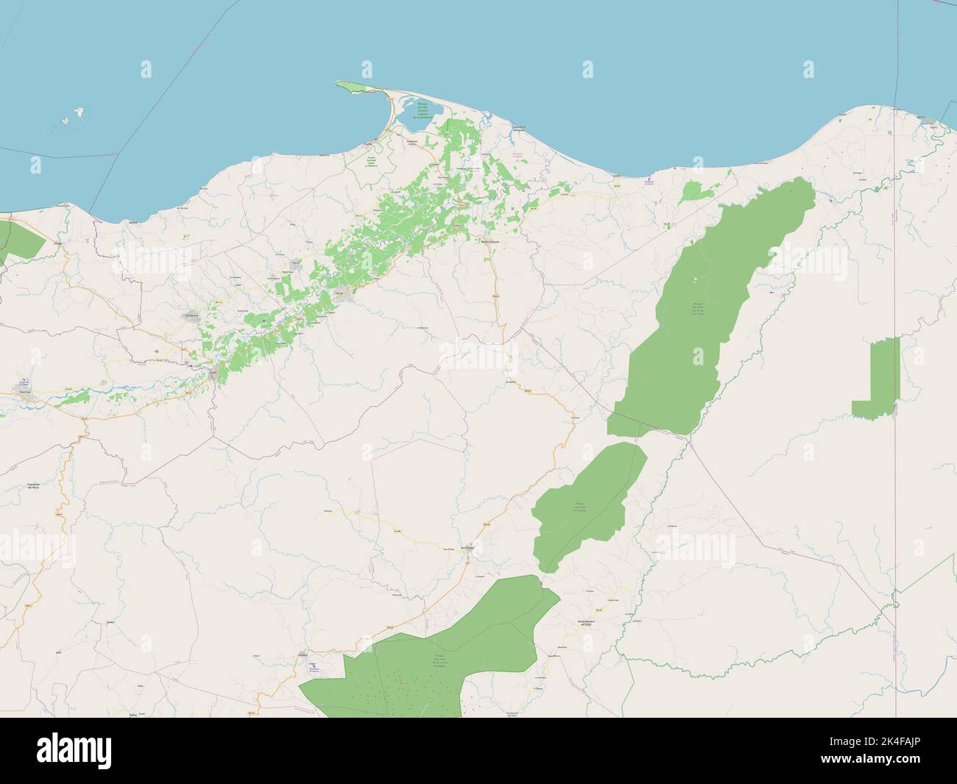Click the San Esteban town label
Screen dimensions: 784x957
[x=467, y=547]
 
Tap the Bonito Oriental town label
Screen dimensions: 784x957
[x=490, y=241]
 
